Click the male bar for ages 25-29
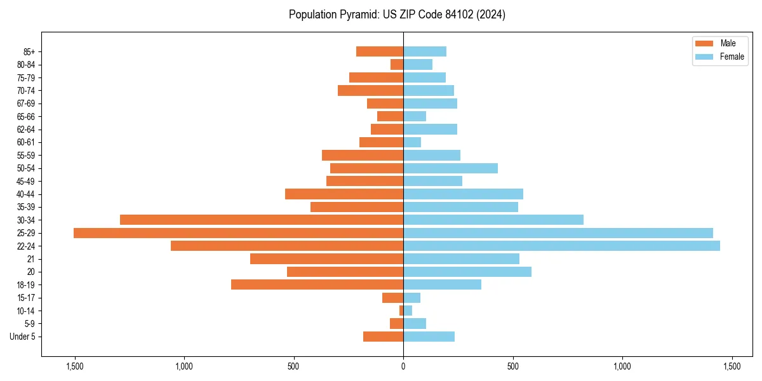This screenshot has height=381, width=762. click(238, 233)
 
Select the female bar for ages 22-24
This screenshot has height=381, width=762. click(561, 246)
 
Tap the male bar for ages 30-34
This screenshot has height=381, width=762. click(262, 220)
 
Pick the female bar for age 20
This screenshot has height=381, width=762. click(467, 272)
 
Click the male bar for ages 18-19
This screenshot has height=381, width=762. click(317, 284)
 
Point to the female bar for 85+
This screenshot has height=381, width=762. click(425, 51)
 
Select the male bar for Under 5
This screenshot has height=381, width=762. click(383, 337)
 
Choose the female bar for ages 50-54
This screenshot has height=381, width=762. click(450, 168)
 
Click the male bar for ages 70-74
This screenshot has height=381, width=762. click(370, 90)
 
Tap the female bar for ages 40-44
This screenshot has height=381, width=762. click(463, 194)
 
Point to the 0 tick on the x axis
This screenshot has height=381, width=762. click(403, 366)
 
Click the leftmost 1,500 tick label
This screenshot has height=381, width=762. click(75, 366)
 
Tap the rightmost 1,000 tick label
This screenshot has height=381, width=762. click(622, 366)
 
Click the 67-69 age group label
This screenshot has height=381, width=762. click(26, 104)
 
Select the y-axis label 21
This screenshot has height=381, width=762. click(31, 259)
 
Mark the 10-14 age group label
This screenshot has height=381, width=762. click(26, 311)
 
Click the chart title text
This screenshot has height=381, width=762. click(397, 15)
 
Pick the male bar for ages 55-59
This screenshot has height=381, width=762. click(363, 155)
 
